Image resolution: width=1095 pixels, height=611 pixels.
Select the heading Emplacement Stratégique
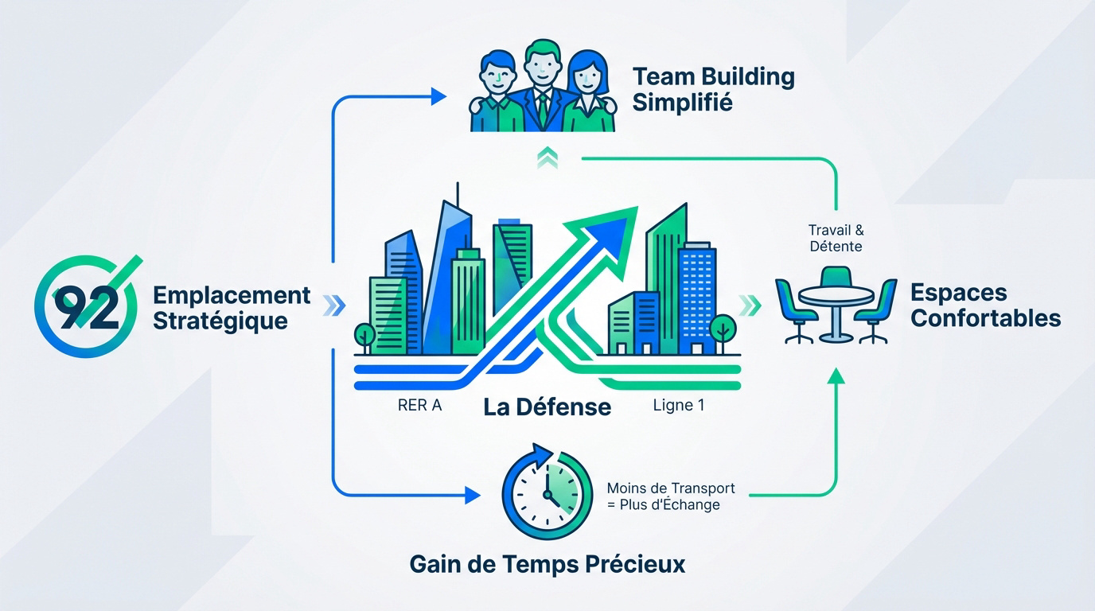(231, 308)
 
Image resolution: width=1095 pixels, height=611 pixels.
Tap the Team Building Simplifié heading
(713, 90)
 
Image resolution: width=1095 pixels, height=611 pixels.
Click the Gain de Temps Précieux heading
(547, 565)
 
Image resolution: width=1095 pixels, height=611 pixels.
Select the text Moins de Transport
(670, 488)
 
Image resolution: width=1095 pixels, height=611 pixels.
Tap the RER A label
(419, 405)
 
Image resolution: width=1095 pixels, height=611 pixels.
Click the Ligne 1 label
(678, 405)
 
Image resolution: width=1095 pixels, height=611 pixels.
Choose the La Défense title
(547, 407)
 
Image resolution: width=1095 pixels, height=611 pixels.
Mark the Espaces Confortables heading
(985, 305)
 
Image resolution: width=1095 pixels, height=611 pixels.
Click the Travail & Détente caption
(836, 239)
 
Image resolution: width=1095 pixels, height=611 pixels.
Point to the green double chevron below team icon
(547, 158)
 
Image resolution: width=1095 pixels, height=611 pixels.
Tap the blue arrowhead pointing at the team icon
(438, 97)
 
